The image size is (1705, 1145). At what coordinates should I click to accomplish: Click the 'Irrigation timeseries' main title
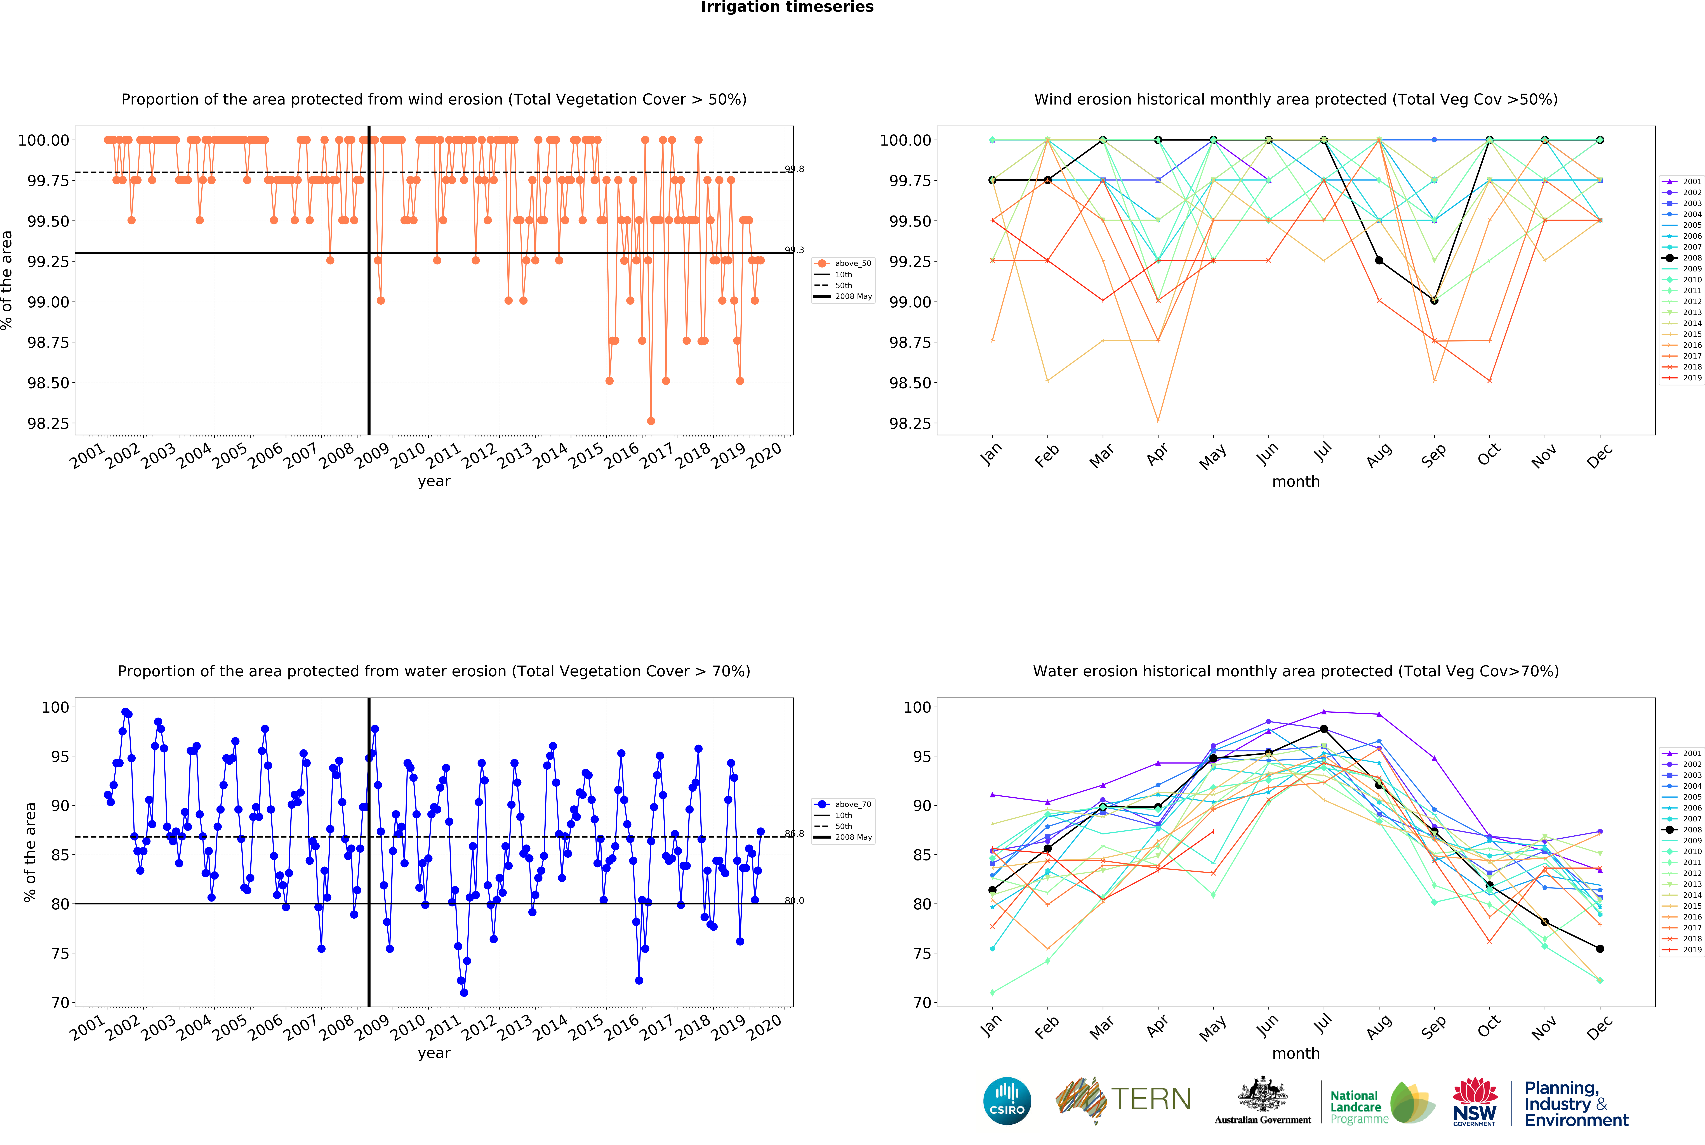[x=787, y=7]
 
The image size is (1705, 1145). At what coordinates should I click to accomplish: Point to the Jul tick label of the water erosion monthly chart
[x=1322, y=1026]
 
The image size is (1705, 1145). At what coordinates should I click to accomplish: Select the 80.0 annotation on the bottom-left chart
[x=794, y=900]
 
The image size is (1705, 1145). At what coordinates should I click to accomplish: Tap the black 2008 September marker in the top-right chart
[x=1434, y=300]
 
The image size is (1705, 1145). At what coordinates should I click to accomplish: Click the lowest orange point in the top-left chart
[x=651, y=421]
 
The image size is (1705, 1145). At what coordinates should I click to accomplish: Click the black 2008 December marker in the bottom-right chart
[x=1600, y=949]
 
